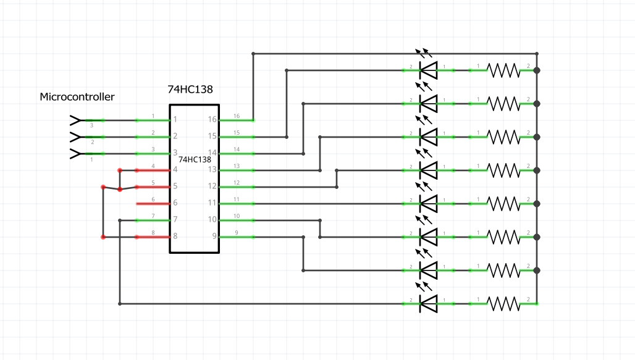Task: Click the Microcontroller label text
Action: pyautogui.click(x=77, y=97)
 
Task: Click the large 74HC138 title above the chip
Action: pyautogui.click(x=190, y=90)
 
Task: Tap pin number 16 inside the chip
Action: pyautogui.click(x=212, y=120)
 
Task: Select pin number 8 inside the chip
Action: pyautogui.click(x=175, y=237)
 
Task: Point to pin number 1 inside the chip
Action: pyautogui.click(x=175, y=120)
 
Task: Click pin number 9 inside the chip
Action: pyautogui.click(x=214, y=237)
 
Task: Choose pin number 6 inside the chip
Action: pyautogui.click(x=175, y=203)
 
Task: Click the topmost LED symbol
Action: pyautogui.click(x=427, y=70)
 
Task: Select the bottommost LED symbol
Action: pyautogui.click(x=427, y=303)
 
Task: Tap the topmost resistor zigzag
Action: pyautogui.click(x=503, y=70)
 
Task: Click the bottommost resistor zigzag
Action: pyautogui.click(x=503, y=303)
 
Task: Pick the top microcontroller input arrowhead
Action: pyautogui.click(x=75, y=120)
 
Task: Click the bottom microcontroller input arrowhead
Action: pyautogui.click(x=75, y=153)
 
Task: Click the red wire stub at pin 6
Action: pyautogui.click(x=153, y=203)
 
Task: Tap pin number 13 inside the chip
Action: pyautogui.click(x=212, y=170)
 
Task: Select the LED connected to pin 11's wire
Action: pyautogui.click(x=427, y=203)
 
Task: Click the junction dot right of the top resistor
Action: pyautogui.click(x=537, y=70)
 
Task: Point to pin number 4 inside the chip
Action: pyautogui.click(x=175, y=170)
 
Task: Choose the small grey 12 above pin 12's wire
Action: pyautogui.click(x=237, y=183)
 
